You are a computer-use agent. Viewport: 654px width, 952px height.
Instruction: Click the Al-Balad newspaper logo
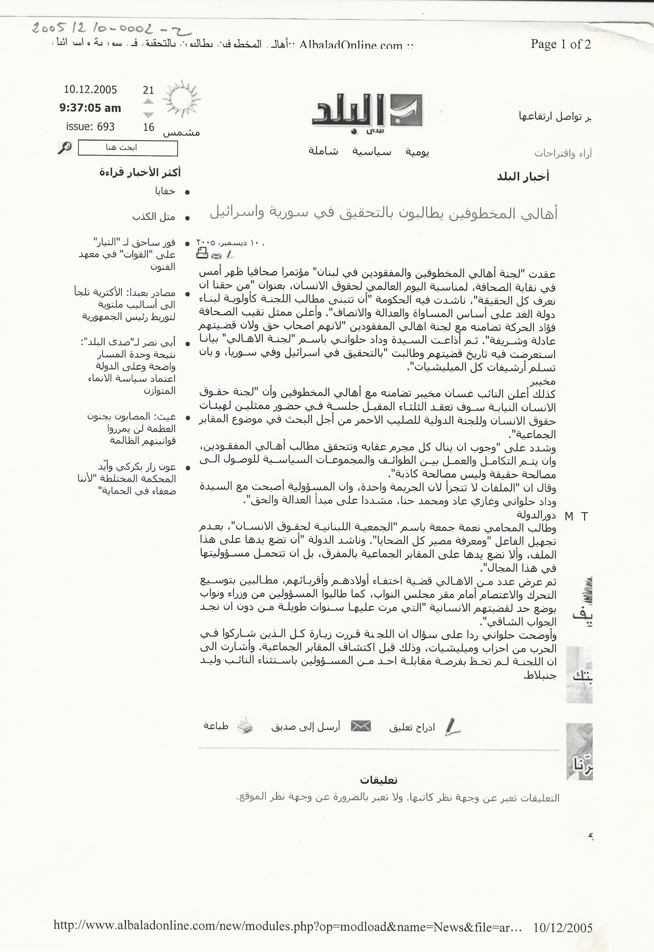pyautogui.click(x=367, y=112)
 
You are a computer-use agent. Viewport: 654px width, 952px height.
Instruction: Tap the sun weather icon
pyautogui.click(x=181, y=99)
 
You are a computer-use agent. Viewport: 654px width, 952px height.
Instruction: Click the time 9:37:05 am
pyautogui.click(x=90, y=108)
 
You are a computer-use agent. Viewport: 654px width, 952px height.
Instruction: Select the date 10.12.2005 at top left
pyautogui.click(x=90, y=89)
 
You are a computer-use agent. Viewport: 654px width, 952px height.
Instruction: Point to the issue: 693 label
pyautogui.click(x=90, y=127)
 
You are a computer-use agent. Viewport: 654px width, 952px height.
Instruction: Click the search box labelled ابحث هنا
pyautogui.click(x=128, y=148)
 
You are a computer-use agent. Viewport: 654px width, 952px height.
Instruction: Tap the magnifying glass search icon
pyautogui.click(x=64, y=148)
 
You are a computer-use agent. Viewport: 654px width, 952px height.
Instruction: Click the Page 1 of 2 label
pyautogui.click(x=561, y=44)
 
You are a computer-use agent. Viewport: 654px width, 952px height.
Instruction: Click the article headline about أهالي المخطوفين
pyautogui.click(x=384, y=214)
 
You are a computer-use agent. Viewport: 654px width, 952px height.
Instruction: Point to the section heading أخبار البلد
pyautogui.click(x=523, y=177)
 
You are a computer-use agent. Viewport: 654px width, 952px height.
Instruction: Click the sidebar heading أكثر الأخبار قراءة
pyautogui.click(x=140, y=172)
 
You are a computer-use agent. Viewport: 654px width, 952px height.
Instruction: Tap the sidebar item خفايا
pyautogui.click(x=165, y=191)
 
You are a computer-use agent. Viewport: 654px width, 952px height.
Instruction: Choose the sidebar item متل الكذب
pyautogui.click(x=154, y=217)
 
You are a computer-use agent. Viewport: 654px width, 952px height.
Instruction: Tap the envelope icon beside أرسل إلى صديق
pyautogui.click(x=360, y=726)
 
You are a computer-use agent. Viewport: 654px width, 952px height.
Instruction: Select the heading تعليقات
pyautogui.click(x=379, y=780)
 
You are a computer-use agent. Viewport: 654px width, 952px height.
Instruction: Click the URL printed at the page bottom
pyautogui.click(x=288, y=926)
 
